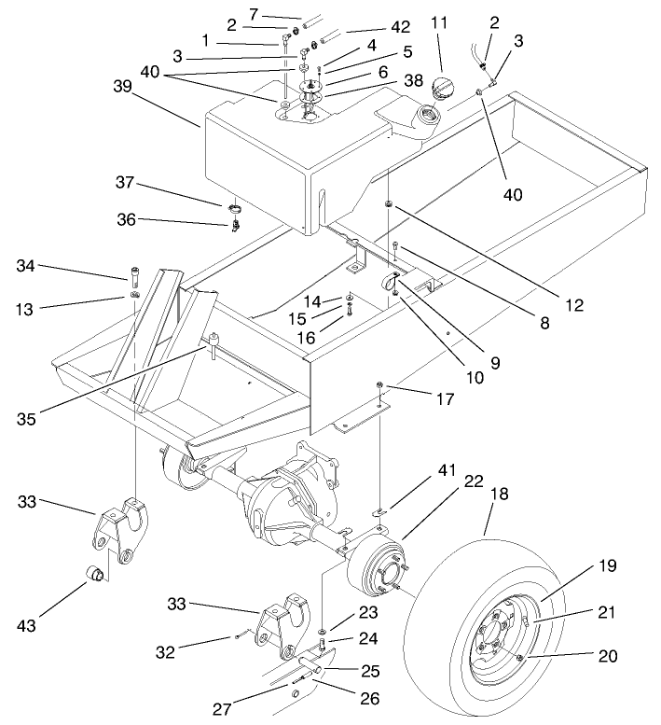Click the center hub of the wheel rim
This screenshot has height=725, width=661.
(x=494, y=640)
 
